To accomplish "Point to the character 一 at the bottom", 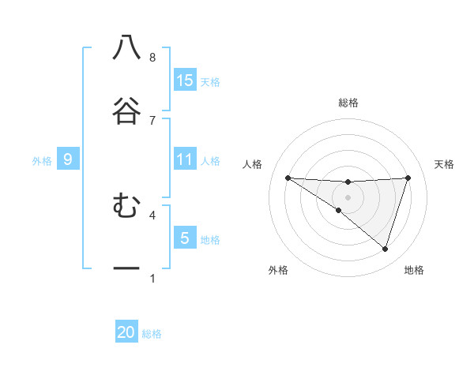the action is (x=126, y=268).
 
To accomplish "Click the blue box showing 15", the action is (x=185, y=80).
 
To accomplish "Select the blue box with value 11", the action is (x=185, y=159).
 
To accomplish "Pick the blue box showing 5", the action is (x=185, y=238).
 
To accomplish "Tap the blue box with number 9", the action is (x=68, y=159).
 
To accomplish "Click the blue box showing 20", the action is (x=126, y=332).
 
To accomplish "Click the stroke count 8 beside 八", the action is (x=152, y=58).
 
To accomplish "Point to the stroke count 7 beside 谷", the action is (x=152, y=120).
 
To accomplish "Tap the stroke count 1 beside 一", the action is (x=152, y=278).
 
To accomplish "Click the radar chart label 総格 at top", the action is (x=348, y=103).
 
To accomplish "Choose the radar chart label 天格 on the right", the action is (x=445, y=164).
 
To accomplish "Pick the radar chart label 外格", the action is (x=278, y=270).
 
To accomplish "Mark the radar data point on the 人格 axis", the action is (x=288, y=178).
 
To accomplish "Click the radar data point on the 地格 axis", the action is (x=385, y=249).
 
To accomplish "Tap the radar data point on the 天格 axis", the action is (x=408, y=178).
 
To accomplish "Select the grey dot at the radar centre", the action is (x=348, y=197).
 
